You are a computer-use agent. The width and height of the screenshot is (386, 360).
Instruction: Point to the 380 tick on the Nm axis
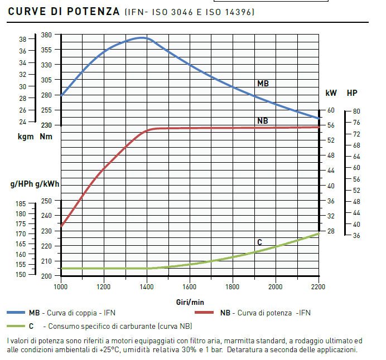click(46, 35)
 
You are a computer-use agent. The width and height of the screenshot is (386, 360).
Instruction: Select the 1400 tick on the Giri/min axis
click(147, 287)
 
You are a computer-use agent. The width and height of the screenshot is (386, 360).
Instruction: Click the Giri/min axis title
click(190, 301)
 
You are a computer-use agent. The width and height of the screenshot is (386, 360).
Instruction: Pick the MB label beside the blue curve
click(263, 83)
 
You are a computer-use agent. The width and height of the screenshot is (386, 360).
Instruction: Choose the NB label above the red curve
click(262, 120)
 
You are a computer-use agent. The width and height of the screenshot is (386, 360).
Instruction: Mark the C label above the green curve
click(259, 242)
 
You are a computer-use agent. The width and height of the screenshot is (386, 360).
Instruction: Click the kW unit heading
click(331, 93)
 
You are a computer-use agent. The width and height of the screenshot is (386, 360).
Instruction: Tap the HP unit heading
click(353, 93)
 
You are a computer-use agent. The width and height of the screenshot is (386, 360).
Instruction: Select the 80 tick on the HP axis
click(356, 111)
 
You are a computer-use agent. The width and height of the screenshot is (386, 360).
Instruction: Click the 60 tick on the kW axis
click(331, 110)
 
